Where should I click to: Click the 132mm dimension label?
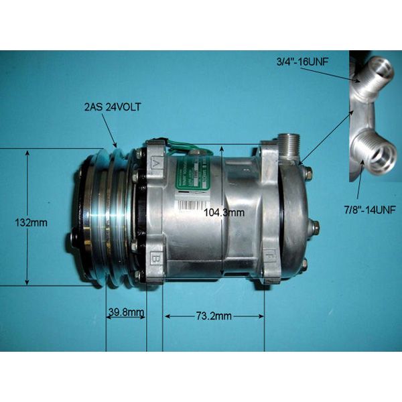coord(33,223)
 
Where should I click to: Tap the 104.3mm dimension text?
coord(223,212)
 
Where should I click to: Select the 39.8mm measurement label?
coord(125,311)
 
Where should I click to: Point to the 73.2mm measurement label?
coord(214,316)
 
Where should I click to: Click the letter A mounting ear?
coord(155,163)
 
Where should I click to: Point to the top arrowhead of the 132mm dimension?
coord(27,153)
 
